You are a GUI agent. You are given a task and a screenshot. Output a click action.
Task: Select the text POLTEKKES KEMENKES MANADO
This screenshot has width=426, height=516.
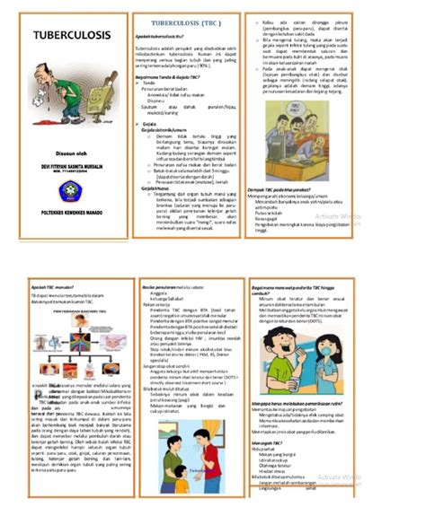pos(64,214)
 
